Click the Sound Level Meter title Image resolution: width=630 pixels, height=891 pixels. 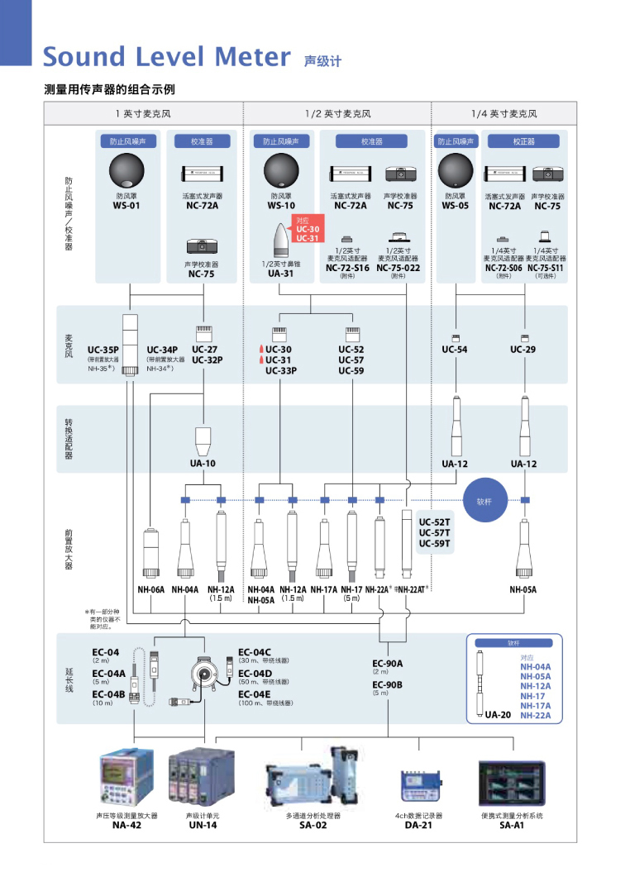click(166, 57)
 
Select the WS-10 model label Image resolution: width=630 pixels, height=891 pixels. click(281, 206)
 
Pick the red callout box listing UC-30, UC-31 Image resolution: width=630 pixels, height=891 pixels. click(307, 229)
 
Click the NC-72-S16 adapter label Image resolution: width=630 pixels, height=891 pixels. click(347, 268)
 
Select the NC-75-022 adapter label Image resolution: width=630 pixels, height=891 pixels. click(399, 268)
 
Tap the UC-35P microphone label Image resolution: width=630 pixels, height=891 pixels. click(103, 350)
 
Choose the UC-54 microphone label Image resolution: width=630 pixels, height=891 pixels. click(454, 350)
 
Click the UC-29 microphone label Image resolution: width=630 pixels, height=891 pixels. click(523, 350)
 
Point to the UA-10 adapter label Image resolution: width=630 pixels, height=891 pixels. click(203, 464)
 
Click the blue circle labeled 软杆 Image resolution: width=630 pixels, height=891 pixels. click(484, 501)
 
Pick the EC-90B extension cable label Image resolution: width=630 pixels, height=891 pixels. click(387, 684)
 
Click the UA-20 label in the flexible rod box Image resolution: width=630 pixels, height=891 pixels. click(498, 714)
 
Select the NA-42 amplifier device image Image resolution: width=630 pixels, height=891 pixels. click(126, 778)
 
